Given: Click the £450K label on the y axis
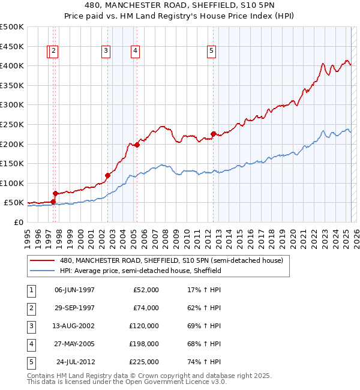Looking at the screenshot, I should tap(12, 46).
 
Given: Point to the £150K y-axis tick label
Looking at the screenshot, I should tap(12, 163).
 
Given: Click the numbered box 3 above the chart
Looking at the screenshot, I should tap(106, 52).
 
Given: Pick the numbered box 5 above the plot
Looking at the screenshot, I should tap(212, 52).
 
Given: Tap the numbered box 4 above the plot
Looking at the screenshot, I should tap(136, 52).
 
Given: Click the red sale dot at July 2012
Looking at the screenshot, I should tap(213, 134).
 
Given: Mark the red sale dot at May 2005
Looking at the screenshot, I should tap(137, 145).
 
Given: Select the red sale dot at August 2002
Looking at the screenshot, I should tap(107, 175).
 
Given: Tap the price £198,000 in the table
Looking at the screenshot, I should tap(144, 344).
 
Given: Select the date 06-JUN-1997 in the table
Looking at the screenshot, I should tap(74, 290).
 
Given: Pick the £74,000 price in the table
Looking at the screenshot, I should tap(146, 308).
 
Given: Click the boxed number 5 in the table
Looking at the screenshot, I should tap(31, 362).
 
